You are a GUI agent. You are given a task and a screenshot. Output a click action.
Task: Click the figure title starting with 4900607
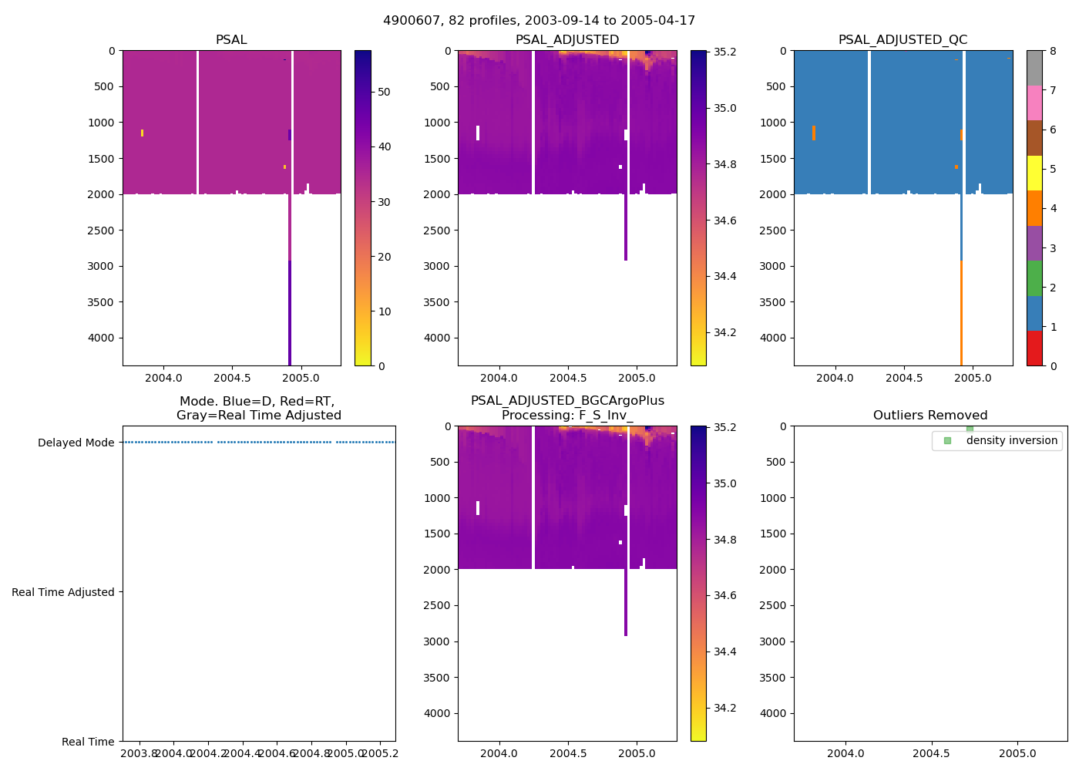point(539,21)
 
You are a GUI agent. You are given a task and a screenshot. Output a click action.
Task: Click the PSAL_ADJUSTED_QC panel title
point(903,40)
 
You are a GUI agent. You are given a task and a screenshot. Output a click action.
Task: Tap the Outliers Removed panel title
point(930,416)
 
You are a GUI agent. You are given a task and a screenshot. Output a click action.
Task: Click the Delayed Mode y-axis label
point(76,443)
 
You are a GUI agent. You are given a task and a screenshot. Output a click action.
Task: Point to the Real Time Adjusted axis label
point(63,592)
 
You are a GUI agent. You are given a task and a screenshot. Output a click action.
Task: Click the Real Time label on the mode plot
point(88,742)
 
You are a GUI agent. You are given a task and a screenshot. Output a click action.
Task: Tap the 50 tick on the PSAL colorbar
point(383,92)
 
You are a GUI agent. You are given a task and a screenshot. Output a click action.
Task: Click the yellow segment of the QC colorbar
point(1034,173)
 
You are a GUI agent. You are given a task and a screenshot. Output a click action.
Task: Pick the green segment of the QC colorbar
point(1034,278)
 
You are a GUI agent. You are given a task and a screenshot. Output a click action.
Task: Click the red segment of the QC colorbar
point(1034,348)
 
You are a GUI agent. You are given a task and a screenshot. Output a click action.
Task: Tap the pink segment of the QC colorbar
point(1034,103)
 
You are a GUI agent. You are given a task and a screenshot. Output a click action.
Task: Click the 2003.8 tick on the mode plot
point(139,753)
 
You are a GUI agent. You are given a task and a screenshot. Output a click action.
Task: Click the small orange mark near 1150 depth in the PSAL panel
point(143,133)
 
